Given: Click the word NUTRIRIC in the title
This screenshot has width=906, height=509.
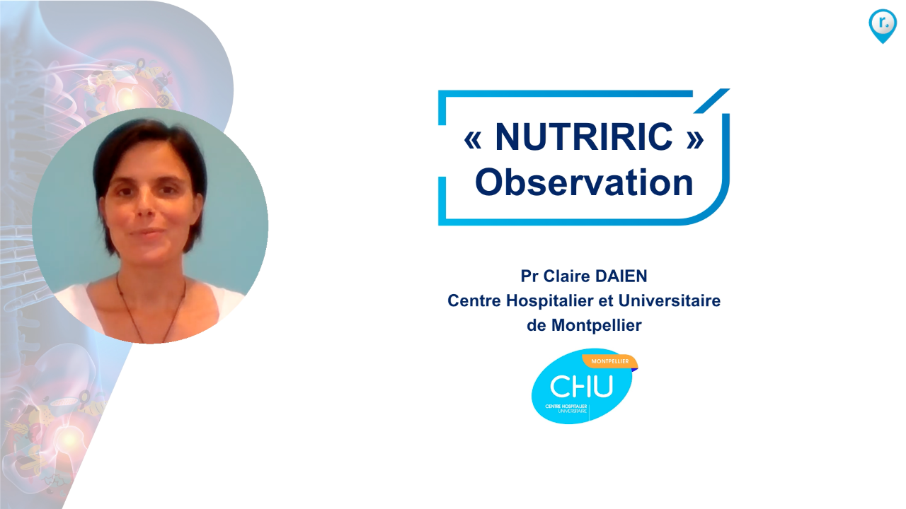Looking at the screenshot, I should [584, 136].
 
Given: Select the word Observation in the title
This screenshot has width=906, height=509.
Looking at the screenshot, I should [584, 182].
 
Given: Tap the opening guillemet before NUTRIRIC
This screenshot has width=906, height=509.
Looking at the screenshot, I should [472, 139].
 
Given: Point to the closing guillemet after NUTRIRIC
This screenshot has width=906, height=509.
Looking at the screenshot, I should [695, 139].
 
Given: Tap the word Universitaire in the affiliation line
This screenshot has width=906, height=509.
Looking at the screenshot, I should [670, 301].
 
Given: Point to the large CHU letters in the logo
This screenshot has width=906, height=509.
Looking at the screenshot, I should [582, 387].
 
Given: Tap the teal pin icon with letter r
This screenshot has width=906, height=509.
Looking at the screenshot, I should [882, 24].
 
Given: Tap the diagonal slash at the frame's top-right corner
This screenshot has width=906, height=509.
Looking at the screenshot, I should [711, 100].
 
